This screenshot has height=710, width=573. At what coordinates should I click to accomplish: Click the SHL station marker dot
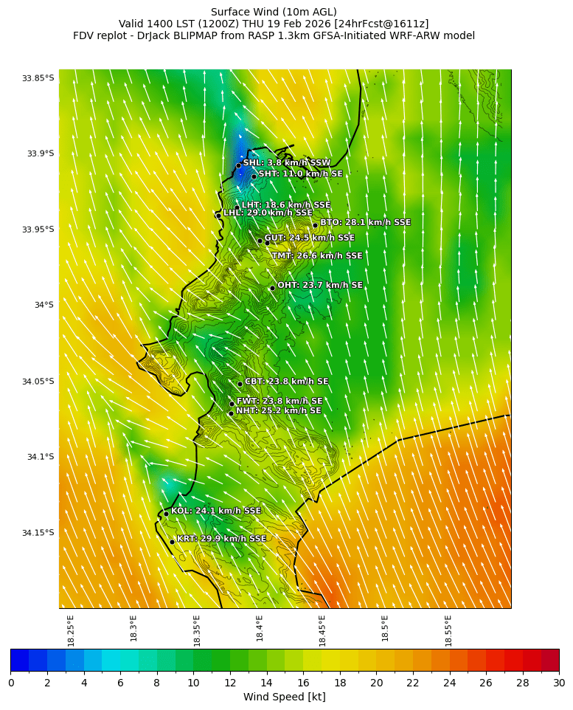(x=239, y=165)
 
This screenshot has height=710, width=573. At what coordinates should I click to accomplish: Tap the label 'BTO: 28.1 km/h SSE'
(x=365, y=222)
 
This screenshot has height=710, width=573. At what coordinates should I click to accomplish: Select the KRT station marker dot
(x=173, y=542)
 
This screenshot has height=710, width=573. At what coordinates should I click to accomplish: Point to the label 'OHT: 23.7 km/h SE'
(x=320, y=286)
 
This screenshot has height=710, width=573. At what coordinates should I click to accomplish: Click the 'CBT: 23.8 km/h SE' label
(x=286, y=382)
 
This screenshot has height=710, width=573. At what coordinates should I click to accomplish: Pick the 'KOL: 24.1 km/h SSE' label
(x=216, y=511)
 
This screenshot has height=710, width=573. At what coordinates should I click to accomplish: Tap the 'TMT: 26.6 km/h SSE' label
(x=317, y=256)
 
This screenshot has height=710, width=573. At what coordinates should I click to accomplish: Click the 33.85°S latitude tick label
(x=38, y=78)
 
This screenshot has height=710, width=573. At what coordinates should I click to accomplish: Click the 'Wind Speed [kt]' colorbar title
(x=285, y=697)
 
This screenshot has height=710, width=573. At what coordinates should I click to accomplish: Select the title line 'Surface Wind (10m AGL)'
(x=274, y=12)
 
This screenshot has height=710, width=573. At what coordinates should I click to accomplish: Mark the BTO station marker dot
(x=315, y=226)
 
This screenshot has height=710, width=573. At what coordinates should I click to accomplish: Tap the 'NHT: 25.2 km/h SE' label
(x=278, y=410)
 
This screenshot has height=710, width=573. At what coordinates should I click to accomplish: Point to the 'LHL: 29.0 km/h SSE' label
(x=268, y=213)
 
